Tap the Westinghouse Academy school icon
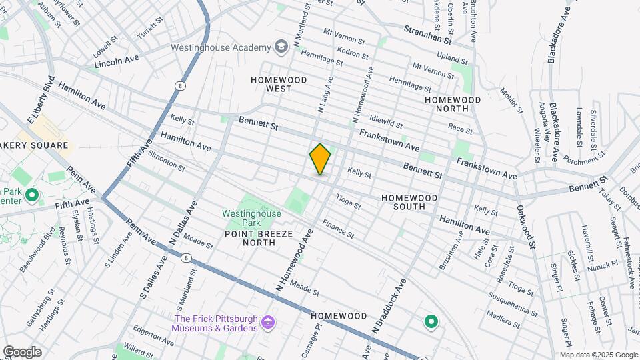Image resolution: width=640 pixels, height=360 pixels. (282, 47)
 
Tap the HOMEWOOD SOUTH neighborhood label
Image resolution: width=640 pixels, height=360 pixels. (409, 202)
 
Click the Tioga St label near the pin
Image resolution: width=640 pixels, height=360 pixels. (348, 201)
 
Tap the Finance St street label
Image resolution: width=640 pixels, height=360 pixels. (338, 233)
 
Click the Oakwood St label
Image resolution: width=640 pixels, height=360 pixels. (527, 227)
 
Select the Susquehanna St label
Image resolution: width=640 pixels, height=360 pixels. (513, 305)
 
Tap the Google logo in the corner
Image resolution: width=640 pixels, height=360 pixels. (21, 352)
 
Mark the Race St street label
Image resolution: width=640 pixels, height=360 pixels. (460, 127)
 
